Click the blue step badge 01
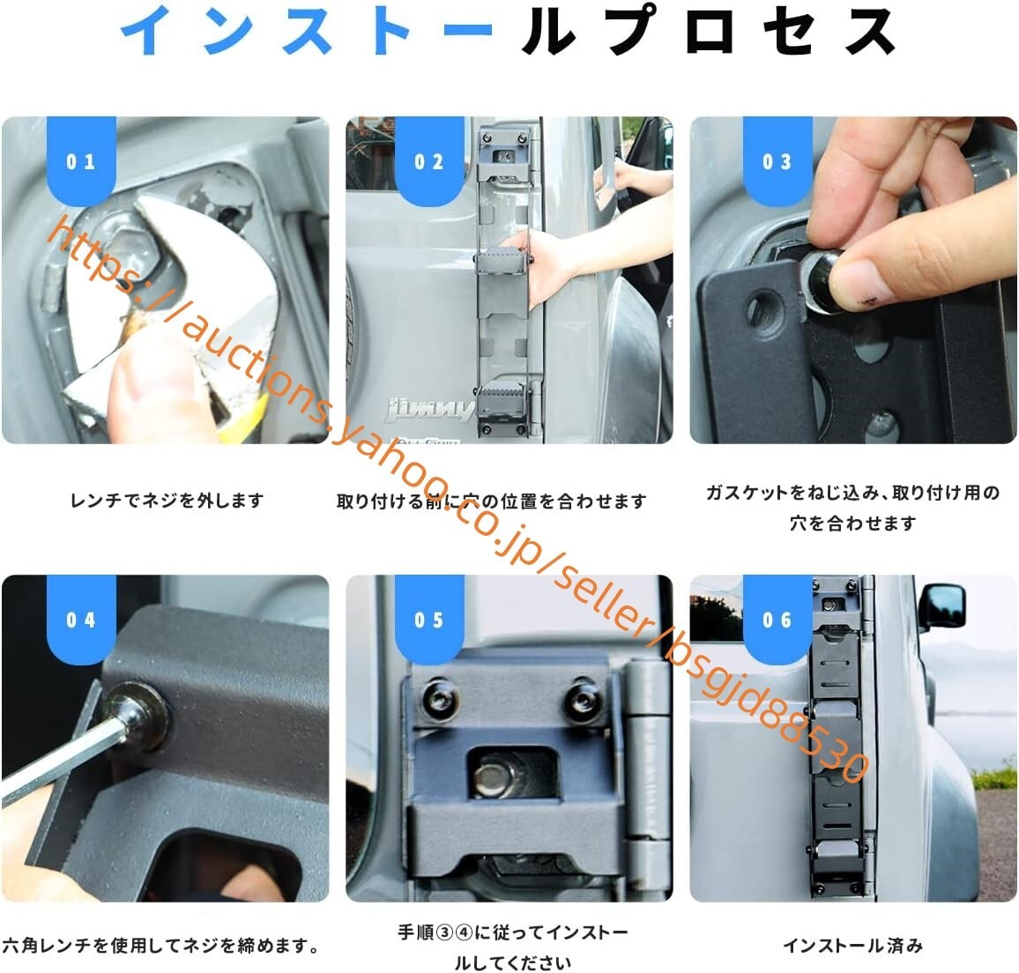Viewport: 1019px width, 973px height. click(81, 160)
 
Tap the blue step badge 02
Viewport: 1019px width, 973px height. click(429, 160)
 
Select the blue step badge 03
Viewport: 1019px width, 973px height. click(777, 160)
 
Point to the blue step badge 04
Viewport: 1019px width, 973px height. click(81, 619)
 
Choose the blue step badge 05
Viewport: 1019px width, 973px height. click(429, 619)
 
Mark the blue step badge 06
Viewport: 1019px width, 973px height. click(777, 619)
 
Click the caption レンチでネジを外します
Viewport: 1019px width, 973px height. click(167, 501)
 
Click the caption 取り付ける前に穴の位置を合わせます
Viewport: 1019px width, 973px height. click(492, 501)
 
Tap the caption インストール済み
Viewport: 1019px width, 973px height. click(853, 945)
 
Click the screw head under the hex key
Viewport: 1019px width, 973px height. click(138, 715)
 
